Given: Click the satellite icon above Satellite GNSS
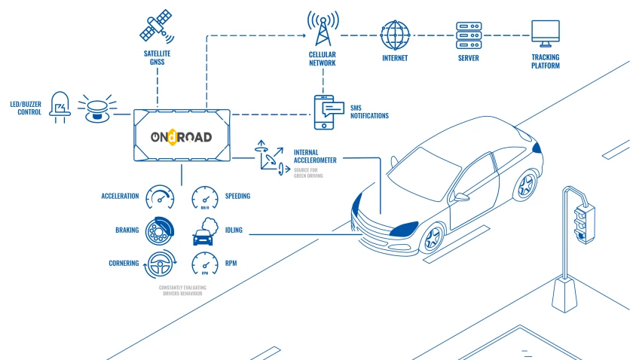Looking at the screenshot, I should click(x=157, y=27).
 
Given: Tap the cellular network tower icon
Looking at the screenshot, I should click(x=322, y=29).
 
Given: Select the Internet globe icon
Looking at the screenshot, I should click(x=395, y=34).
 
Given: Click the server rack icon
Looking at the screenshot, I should click(x=468, y=34).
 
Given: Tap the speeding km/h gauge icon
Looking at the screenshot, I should click(x=205, y=197).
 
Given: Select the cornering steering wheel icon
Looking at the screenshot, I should click(x=160, y=264).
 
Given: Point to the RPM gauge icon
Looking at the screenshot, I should click(x=205, y=264).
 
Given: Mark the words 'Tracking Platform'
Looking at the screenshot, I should click(x=545, y=61).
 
